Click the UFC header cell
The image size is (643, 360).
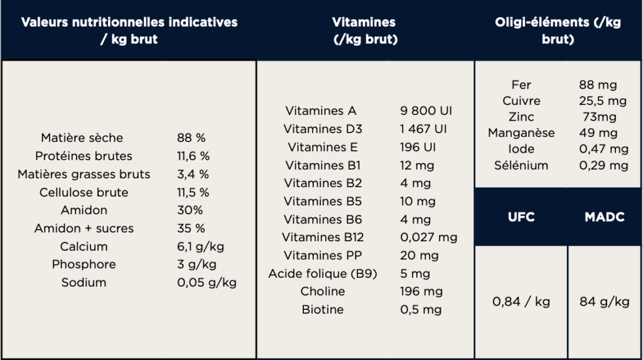tap(521, 217)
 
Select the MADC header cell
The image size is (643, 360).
tap(604, 217)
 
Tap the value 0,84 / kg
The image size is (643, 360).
tap(521, 302)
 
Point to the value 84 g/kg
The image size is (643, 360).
tap(604, 302)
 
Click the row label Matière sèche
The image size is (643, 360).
tap(82, 138)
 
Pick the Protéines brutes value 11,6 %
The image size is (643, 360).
tap(193, 156)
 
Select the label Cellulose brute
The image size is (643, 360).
tap(84, 192)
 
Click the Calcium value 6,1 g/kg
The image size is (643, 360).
tap(197, 246)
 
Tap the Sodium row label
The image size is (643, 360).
tap(84, 282)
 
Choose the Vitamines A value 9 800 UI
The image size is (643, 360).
tap(426, 111)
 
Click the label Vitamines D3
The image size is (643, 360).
tap(323, 129)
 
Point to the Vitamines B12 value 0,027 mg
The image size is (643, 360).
tap(429, 237)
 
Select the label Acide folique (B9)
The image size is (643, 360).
tap(323, 273)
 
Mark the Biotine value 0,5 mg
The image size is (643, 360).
tap(421, 309)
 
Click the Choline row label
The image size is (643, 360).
tap(323, 291)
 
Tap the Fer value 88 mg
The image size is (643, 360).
tap(598, 85)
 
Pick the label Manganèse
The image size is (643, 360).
tap(522, 133)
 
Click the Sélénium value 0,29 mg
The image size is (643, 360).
tap(603, 165)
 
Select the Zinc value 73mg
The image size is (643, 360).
tap(600, 117)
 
